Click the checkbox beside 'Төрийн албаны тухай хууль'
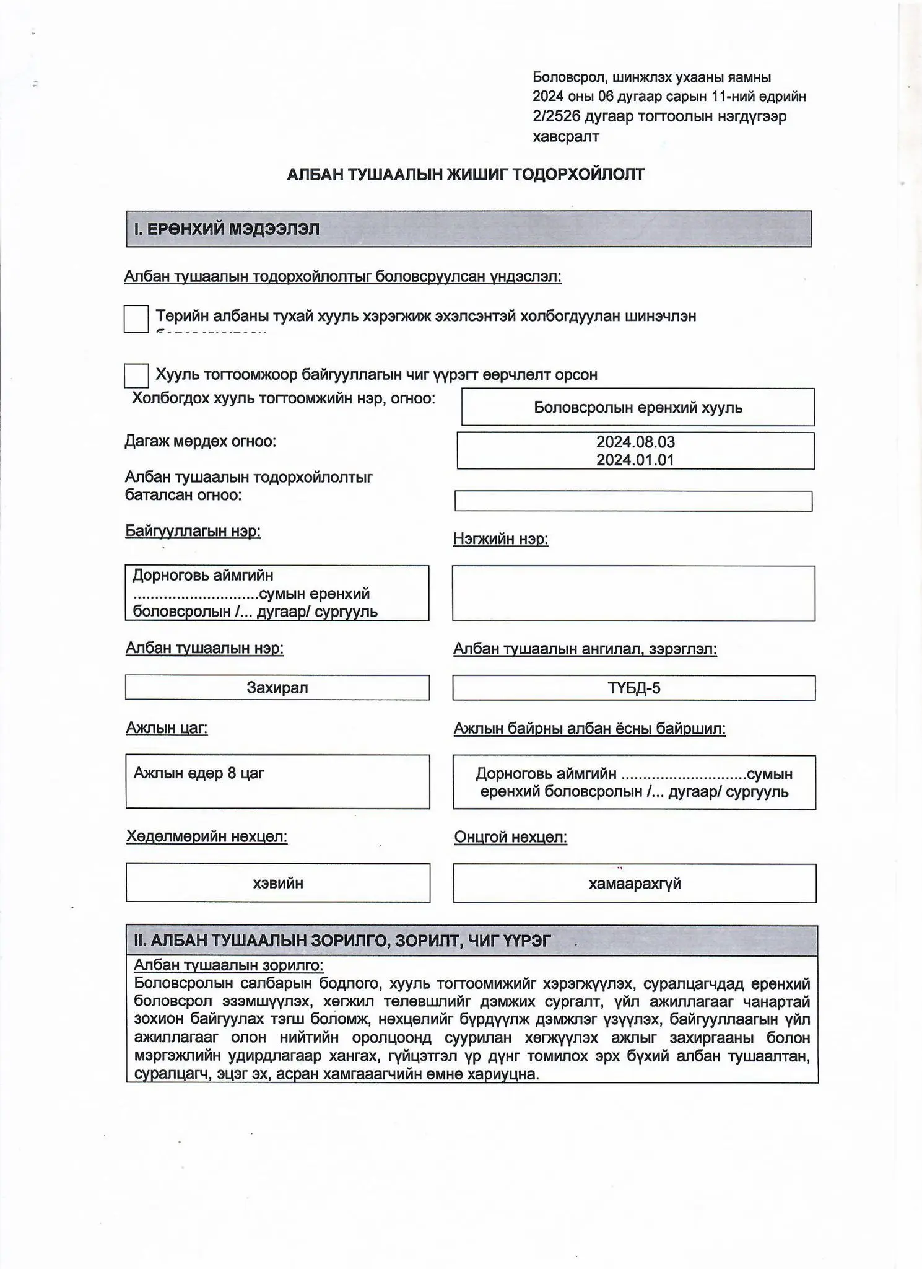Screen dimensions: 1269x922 (136, 318)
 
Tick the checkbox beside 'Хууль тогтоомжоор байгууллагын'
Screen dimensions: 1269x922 (136, 375)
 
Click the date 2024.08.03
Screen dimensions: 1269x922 (635, 442)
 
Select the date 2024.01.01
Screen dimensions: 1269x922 (635, 460)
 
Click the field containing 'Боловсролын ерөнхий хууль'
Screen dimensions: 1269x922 (638, 408)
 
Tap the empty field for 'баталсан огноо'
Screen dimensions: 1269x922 (633, 501)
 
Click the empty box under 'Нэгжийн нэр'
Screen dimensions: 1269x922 (633, 593)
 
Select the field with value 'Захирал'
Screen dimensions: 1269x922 (277, 687)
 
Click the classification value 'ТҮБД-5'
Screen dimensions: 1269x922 (633, 688)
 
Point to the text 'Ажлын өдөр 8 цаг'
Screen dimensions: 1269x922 (199, 773)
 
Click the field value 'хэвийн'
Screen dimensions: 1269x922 (278, 883)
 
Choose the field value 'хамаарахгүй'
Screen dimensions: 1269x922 (634, 884)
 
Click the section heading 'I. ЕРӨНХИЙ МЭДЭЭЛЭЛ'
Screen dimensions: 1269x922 (227, 229)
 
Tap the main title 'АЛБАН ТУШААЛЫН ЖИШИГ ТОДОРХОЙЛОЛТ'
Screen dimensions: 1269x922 (466, 174)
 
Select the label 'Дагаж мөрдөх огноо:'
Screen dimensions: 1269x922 (201, 441)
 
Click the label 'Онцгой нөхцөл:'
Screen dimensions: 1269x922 (510, 837)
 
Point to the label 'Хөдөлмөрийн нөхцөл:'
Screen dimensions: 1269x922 (207, 836)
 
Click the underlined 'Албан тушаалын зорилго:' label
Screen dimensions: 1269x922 (228, 965)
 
